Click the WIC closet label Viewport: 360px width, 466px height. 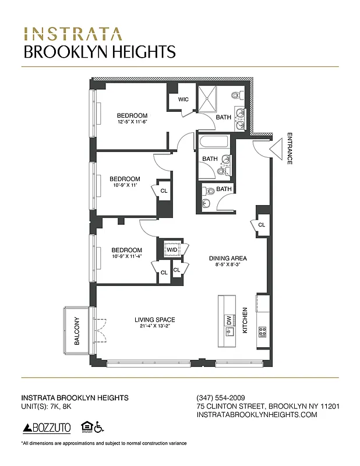183,100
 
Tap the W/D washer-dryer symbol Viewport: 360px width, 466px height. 172,250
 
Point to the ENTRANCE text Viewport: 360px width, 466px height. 289,149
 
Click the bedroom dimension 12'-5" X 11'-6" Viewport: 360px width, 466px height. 132,122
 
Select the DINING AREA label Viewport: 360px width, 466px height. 228,258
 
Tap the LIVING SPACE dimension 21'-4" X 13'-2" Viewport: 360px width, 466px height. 154,326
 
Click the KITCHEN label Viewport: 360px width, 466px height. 245,321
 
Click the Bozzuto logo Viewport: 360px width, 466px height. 47,428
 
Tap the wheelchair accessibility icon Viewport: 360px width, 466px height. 99,428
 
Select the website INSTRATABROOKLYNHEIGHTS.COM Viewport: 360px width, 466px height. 257,415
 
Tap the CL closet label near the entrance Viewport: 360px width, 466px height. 262,225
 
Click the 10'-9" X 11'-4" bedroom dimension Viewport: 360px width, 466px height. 127,256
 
